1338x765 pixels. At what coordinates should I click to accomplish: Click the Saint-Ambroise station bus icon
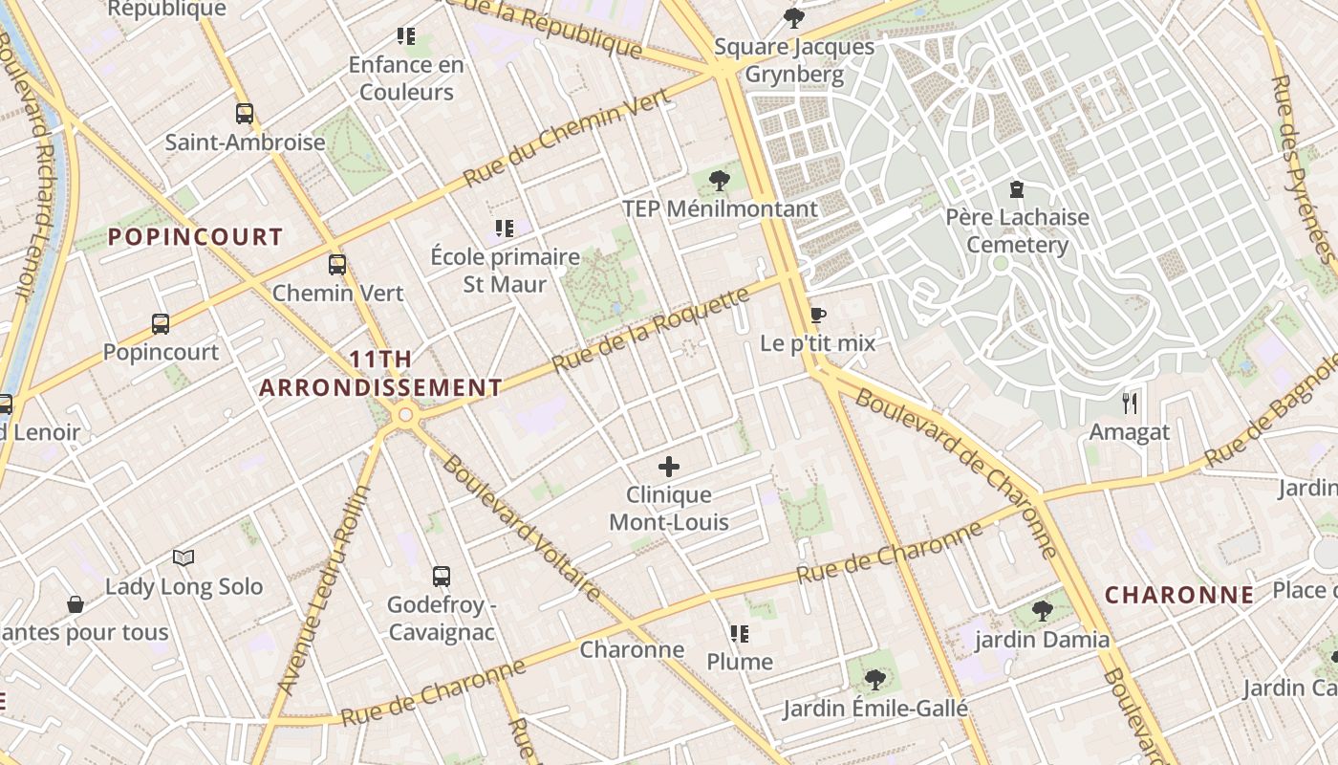[245, 114]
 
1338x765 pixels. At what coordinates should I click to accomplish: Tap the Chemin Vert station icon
[337, 265]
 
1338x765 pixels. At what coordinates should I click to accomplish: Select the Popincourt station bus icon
[161, 324]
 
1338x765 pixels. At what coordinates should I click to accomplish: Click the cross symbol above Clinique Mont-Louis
[669, 467]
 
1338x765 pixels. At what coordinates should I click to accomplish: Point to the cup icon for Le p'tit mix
[817, 315]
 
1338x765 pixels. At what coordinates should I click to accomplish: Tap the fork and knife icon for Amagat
[1130, 403]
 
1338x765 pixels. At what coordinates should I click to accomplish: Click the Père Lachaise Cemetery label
[1017, 230]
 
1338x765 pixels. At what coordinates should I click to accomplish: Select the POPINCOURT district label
[195, 236]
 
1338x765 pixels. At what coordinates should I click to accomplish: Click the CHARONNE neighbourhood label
[1179, 595]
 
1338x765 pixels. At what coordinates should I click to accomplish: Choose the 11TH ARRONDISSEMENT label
[380, 374]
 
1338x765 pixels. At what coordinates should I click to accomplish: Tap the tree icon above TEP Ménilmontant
[720, 180]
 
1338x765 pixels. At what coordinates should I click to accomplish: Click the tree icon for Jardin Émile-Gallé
[874, 680]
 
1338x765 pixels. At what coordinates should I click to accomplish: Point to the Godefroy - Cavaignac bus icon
[441, 577]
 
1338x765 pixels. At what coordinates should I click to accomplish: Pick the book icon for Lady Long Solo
[183, 557]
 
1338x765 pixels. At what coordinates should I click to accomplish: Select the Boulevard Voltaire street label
[522, 528]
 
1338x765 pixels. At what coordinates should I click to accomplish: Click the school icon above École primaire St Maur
[505, 229]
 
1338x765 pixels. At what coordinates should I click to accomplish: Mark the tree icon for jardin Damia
[1042, 611]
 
